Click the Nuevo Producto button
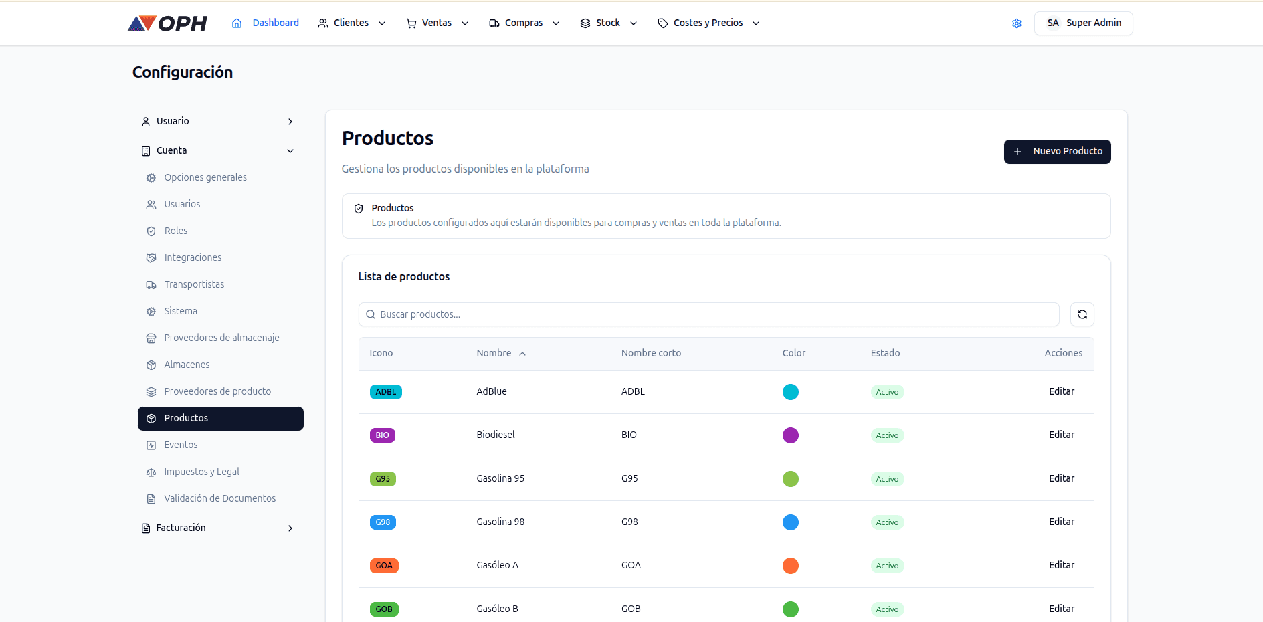(x=1057, y=152)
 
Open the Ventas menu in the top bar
(x=438, y=23)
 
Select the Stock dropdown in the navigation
(x=608, y=23)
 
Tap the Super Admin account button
(x=1083, y=23)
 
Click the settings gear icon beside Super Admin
(x=1017, y=23)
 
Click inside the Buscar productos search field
(x=709, y=314)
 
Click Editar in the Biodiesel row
(x=1061, y=435)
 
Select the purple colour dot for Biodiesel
(x=790, y=435)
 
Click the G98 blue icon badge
(x=383, y=522)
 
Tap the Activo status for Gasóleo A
(x=887, y=566)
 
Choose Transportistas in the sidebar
(x=194, y=284)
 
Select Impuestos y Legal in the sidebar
(x=201, y=472)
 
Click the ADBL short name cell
(x=633, y=391)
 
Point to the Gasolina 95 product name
(x=500, y=478)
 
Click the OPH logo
(x=167, y=23)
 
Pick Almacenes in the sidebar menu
(x=187, y=365)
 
